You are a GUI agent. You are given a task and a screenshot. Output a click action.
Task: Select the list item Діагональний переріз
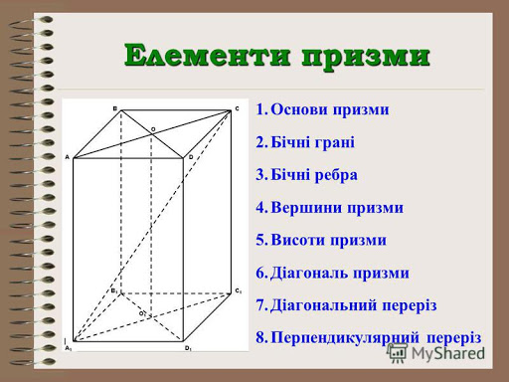tap(353, 304)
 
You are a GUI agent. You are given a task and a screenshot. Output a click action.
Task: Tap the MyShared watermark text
tap(447, 351)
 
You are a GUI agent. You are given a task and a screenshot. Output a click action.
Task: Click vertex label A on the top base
tap(68, 157)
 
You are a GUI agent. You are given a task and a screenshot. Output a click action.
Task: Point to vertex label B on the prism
tap(114, 108)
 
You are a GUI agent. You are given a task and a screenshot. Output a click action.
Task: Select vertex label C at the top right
tap(237, 108)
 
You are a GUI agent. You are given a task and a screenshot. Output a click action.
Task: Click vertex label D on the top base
tap(190, 157)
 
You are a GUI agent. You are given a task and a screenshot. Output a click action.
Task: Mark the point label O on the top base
tap(153, 128)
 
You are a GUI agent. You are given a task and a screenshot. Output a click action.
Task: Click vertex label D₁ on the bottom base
tap(187, 348)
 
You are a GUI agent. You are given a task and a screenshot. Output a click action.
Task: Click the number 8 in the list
tap(259, 337)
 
